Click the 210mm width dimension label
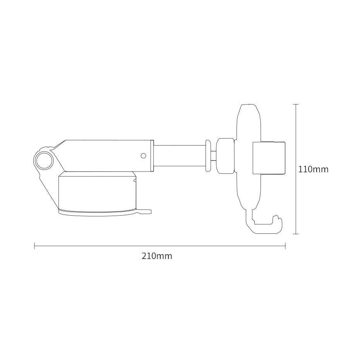point(157,256)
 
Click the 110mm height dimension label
point(313,169)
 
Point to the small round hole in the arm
point(143,156)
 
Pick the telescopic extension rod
point(180,156)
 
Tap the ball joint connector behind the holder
point(225,156)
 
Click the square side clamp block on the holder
point(269,158)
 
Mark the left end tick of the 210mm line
point(35,246)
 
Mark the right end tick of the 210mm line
point(285,246)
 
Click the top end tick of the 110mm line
point(296,105)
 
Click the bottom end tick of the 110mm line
point(296,234)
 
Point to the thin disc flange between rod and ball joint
point(208,156)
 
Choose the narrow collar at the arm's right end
point(152,156)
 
